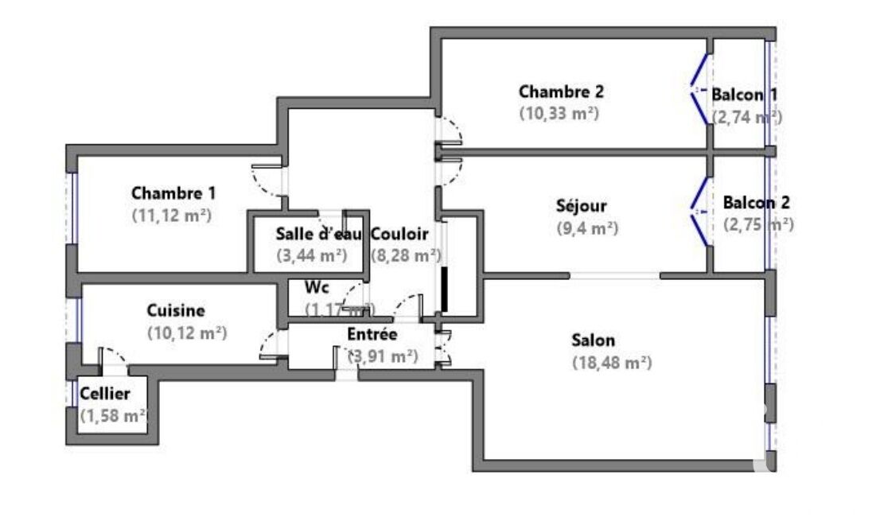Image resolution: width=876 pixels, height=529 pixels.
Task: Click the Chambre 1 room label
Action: click(x=173, y=193)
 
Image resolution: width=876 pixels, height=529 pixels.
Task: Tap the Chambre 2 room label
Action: click(x=561, y=91)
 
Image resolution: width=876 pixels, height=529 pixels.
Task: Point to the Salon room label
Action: click(x=593, y=340)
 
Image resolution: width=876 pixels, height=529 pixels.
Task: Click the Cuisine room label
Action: click(x=176, y=311)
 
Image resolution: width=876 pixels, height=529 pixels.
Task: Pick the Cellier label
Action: click(x=104, y=393)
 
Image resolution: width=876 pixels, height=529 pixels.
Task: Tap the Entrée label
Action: click(x=372, y=335)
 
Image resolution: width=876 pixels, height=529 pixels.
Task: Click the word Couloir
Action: click(x=399, y=235)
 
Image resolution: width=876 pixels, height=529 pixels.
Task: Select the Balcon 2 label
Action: click(x=756, y=202)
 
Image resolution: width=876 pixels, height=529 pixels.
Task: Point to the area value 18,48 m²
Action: click(x=612, y=363)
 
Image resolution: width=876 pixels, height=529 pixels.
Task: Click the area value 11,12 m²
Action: click(x=173, y=215)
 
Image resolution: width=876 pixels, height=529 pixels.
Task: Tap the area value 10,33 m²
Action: click(x=559, y=113)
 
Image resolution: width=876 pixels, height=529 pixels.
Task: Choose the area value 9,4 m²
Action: click(x=587, y=228)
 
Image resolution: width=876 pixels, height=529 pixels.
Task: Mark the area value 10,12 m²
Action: click(x=188, y=333)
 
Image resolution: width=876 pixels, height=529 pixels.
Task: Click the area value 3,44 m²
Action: click(x=310, y=255)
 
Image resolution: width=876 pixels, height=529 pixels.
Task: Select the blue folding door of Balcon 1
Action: click(x=699, y=89)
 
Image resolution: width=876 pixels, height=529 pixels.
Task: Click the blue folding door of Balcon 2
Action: click(x=699, y=212)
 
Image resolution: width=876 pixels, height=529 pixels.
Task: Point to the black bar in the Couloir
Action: click(x=445, y=290)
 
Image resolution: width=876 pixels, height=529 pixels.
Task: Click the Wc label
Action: click(x=317, y=287)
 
